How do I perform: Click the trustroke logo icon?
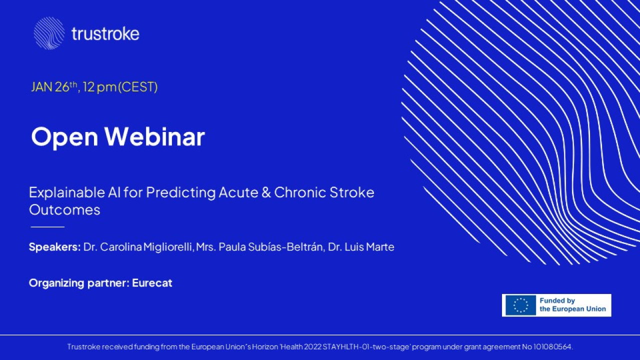[x=49, y=33]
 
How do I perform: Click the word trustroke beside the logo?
[x=105, y=33]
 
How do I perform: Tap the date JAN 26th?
[x=54, y=87]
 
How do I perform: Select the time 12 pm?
[x=99, y=87]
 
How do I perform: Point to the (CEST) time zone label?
[x=137, y=87]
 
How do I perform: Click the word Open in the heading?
[x=64, y=137]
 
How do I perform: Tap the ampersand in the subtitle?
[x=266, y=192]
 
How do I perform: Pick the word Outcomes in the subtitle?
[x=64, y=210]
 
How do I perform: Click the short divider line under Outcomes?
[x=47, y=227]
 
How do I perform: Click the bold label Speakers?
[x=55, y=247]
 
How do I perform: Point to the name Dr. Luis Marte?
[x=361, y=247]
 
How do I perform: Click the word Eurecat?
[x=152, y=283]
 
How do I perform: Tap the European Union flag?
[x=520, y=305]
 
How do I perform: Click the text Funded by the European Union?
[x=572, y=305]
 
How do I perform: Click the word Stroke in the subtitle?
[x=351, y=192]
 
